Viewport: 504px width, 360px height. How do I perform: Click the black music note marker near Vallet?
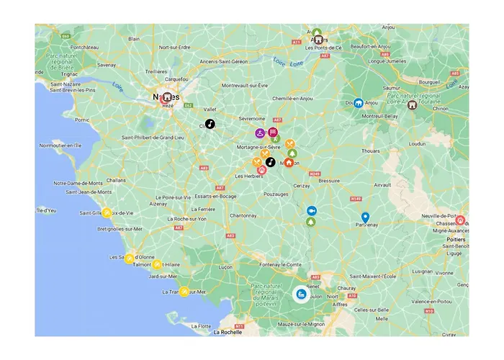click(x=210, y=124)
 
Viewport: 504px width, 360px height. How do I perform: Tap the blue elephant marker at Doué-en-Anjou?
click(x=359, y=103)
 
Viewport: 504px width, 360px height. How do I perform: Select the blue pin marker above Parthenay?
click(x=365, y=217)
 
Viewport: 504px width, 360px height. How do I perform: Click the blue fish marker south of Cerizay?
click(x=311, y=210)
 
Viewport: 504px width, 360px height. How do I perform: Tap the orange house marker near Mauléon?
click(x=289, y=162)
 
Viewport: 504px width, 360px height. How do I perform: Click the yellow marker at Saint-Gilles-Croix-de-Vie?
click(x=107, y=212)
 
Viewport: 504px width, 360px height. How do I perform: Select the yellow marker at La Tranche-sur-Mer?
click(x=184, y=292)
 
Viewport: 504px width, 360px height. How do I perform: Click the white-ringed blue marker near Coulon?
click(x=302, y=294)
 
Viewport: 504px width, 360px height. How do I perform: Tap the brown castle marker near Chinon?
click(x=412, y=105)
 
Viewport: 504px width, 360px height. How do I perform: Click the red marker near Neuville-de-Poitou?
click(x=460, y=220)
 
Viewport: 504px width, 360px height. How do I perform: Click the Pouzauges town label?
click(x=276, y=194)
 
